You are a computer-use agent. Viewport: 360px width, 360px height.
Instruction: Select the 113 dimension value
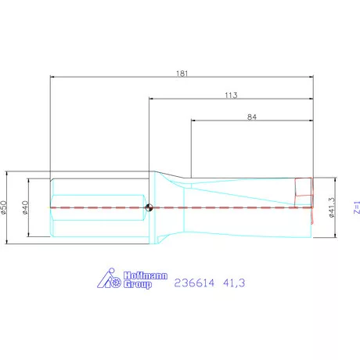click(230, 94)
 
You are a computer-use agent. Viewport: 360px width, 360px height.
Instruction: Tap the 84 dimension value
click(252, 116)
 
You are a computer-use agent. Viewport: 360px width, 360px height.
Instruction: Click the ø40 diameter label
click(26, 207)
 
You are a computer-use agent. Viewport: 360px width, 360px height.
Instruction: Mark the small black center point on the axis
click(148, 207)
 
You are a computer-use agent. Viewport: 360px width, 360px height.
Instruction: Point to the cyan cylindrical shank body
click(98, 207)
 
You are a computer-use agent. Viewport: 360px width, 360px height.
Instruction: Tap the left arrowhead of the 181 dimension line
click(53, 77)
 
